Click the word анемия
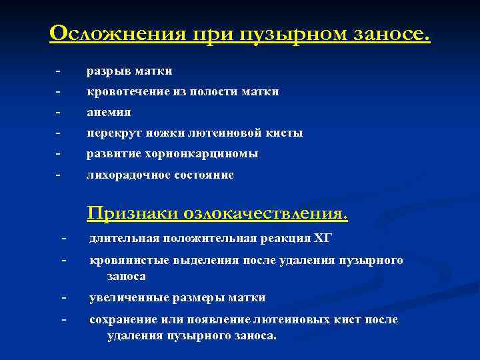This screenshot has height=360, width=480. pos(109,112)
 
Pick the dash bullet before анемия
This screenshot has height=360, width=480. pos(59,111)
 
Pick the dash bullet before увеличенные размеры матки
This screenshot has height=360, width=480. pos(63,297)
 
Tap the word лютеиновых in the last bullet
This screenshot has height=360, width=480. pos(289,320)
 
